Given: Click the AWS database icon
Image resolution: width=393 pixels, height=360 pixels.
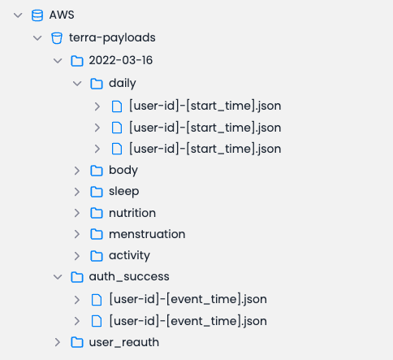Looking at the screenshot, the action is (x=37, y=15).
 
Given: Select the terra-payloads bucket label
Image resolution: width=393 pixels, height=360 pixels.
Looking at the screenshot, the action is (x=112, y=37).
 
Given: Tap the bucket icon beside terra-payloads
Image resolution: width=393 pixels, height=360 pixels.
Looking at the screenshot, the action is (x=57, y=38).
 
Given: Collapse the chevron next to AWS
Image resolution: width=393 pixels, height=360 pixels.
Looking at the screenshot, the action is (x=18, y=15).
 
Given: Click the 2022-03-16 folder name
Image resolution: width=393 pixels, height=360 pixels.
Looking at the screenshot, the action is (x=121, y=60).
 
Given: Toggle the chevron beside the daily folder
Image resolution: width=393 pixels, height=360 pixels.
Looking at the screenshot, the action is (x=77, y=84).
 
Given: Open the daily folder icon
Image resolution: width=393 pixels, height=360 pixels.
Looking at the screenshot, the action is (x=97, y=84).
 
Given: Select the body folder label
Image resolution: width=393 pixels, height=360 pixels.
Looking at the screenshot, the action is (x=123, y=171).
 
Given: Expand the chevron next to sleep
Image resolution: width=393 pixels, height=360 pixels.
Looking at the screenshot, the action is (x=77, y=192).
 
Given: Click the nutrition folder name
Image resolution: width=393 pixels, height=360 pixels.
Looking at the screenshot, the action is (x=132, y=213).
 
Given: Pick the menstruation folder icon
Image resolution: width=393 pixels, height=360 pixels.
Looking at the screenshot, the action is (x=97, y=234).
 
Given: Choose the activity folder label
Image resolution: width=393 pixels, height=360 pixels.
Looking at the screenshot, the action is (x=129, y=255).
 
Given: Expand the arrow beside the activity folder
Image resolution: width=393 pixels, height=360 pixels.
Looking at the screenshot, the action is (x=77, y=256).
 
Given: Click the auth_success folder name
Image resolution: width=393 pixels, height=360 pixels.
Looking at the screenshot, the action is (x=129, y=276).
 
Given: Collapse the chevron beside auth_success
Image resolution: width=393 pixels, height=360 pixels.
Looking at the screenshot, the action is (x=58, y=277).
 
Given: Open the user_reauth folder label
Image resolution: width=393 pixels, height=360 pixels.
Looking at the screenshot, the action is (x=124, y=342).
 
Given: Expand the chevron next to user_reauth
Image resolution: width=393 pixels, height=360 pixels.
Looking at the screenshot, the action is (x=58, y=342).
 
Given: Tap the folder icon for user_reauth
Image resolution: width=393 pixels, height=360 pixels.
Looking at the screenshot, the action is (x=77, y=342).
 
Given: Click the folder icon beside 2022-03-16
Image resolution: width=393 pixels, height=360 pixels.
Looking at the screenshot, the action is (x=77, y=61).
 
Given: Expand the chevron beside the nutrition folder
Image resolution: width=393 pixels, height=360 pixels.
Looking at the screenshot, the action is (x=77, y=213).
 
